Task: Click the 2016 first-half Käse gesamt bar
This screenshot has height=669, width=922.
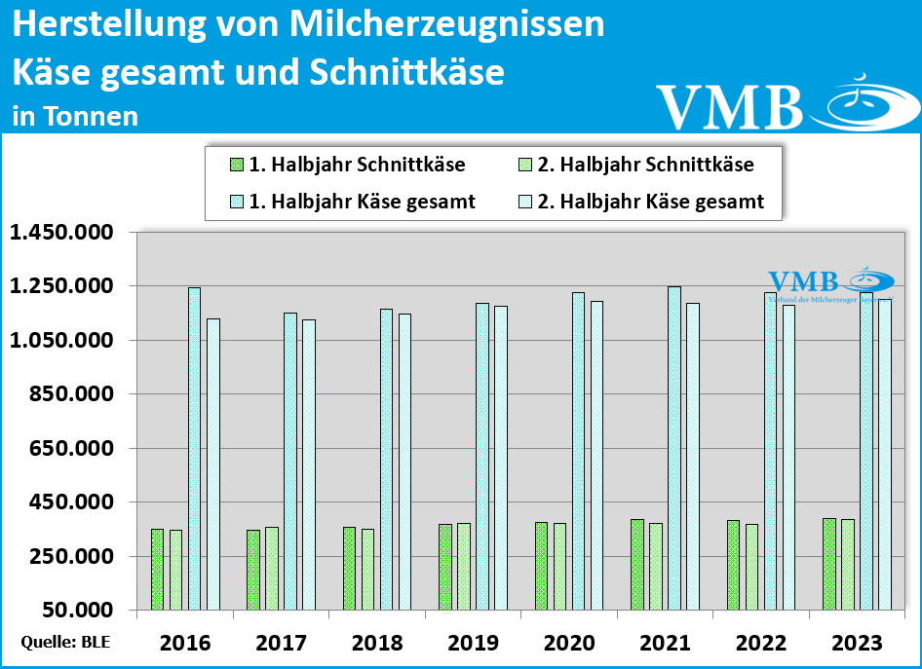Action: pyautogui.click(x=194, y=448)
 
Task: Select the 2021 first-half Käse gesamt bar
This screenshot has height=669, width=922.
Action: pyautogui.click(x=673, y=448)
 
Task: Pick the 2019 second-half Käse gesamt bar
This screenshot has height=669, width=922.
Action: pyautogui.click(x=500, y=458)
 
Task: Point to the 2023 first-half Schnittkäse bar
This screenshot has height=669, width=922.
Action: pyautogui.click(x=828, y=564)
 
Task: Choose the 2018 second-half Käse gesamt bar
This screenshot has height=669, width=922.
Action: pyautogui.click(x=404, y=462)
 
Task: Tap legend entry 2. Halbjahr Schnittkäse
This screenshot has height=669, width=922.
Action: pyautogui.click(x=634, y=165)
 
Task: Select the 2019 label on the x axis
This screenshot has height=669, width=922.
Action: pyautogui.click(x=473, y=643)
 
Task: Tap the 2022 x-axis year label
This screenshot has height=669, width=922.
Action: pyautogui.click(x=761, y=643)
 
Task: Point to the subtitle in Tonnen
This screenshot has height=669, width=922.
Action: pyautogui.click(x=75, y=116)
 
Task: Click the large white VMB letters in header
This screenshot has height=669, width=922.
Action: pyautogui.click(x=729, y=106)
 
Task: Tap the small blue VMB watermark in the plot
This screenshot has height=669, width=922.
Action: pyautogui.click(x=803, y=281)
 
